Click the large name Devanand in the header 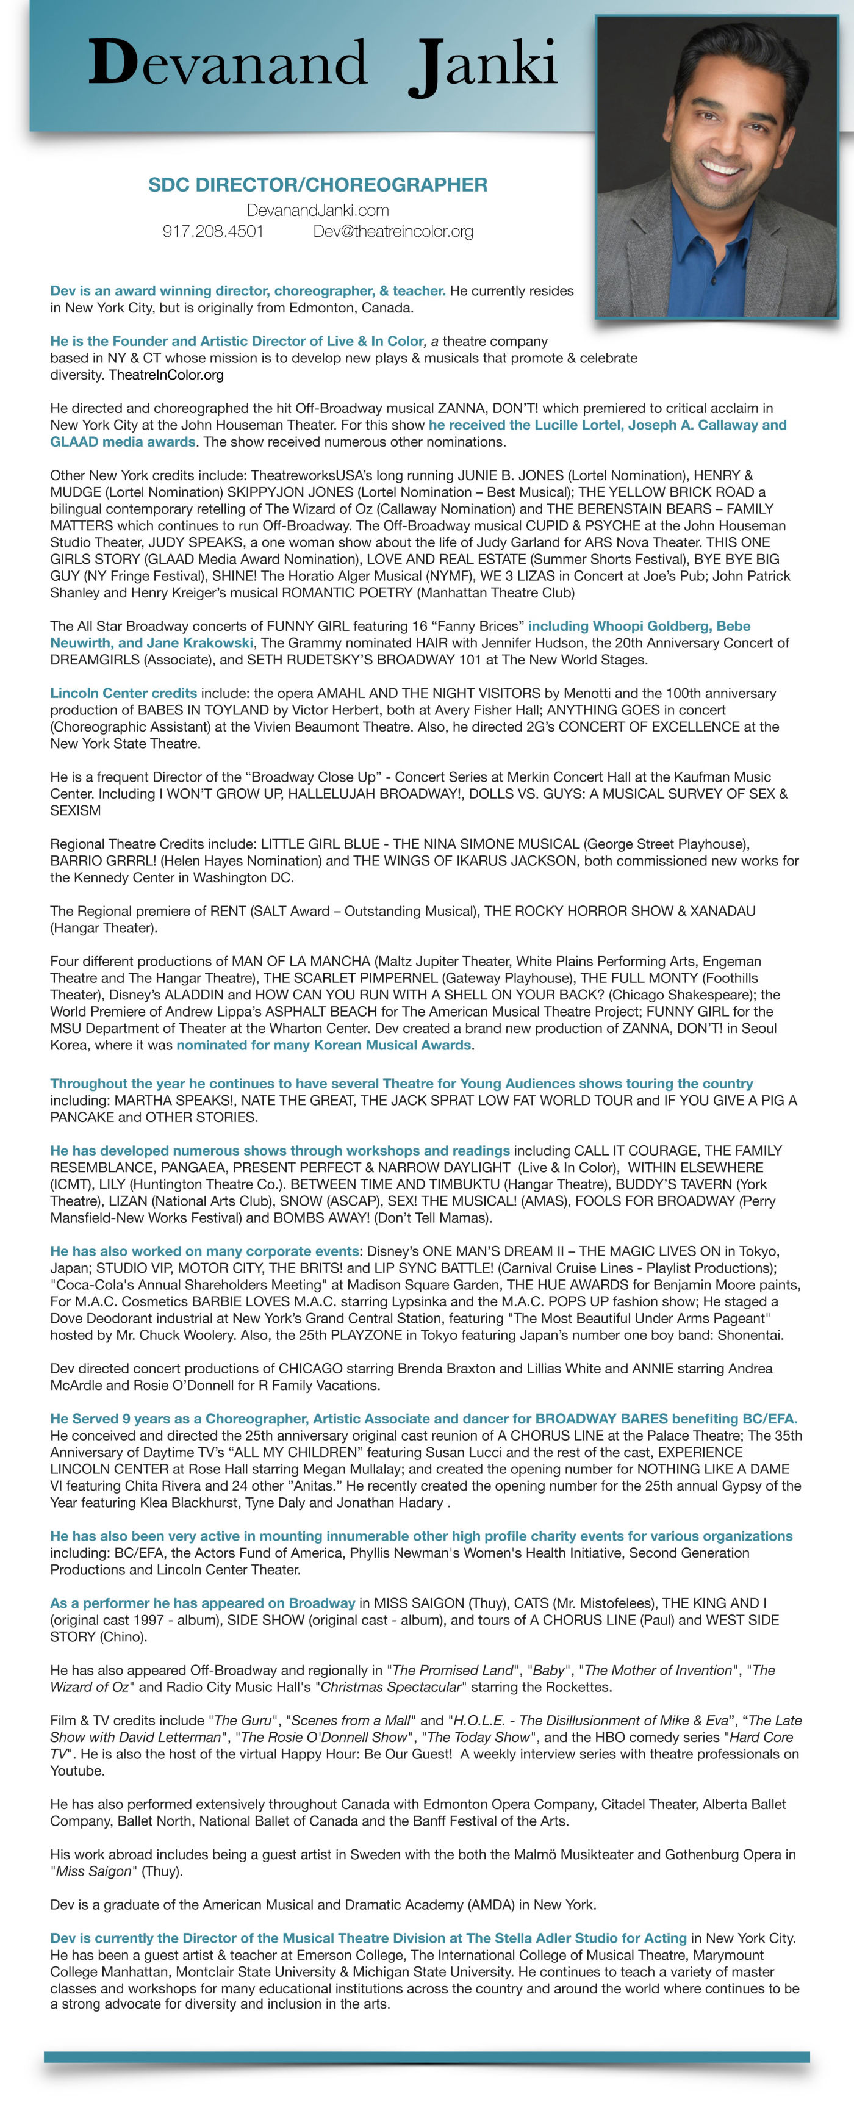[x=227, y=63]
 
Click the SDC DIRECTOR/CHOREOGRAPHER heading [x=317, y=185]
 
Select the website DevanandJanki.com [x=317, y=210]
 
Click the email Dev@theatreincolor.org [x=393, y=231]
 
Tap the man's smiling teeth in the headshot [x=721, y=168]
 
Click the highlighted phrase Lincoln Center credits [x=123, y=693]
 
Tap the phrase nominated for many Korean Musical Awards [x=324, y=1045]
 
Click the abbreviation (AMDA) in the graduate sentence [x=498, y=1905]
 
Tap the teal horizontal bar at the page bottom [x=426, y=2057]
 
